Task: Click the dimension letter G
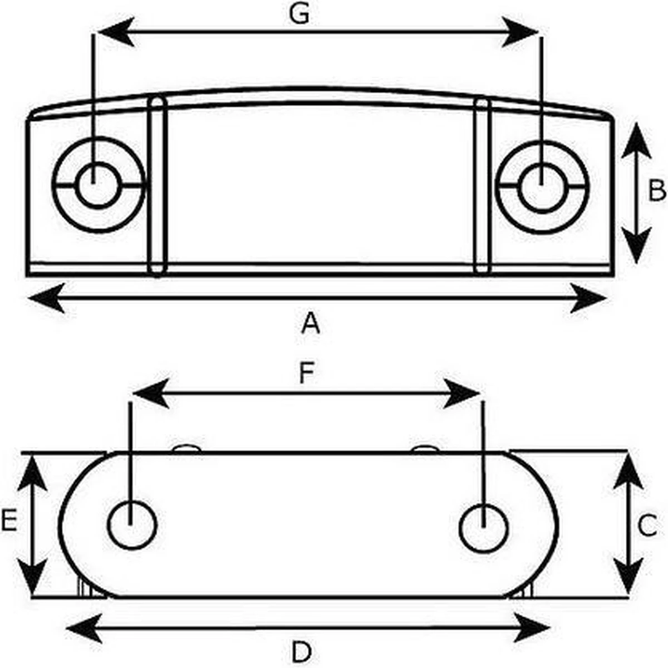pyautogui.click(x=299, y=16)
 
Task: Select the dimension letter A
pyautogui.click(x=311, y=323)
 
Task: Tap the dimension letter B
pyautogui.click(x=657, y=190)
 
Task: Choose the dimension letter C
pyautogui.click(x=647, y=525)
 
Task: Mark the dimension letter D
pyautogui.click(x=301, y=652)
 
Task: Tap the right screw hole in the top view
pyautogui.click(x=541, y=185)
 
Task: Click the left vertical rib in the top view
pyautogui.click(x=158, y=186)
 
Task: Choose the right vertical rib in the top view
pyautogui.click(x=482, y=186)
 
